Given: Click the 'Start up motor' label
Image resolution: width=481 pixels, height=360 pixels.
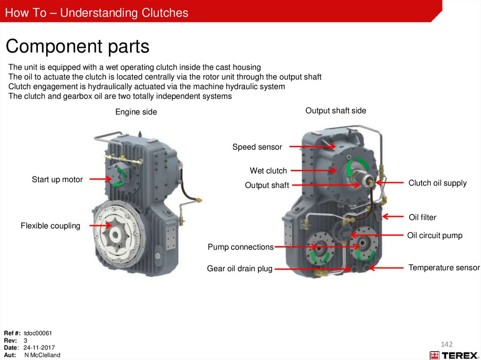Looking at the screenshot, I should click(x=57, y=179).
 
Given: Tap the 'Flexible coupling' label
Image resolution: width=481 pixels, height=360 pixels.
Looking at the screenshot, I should click(x=50, y=226).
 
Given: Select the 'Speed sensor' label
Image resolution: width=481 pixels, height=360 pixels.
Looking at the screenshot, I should click(x=257, y=147).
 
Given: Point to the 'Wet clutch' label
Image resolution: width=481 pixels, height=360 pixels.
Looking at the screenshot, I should click(x=268, y=171).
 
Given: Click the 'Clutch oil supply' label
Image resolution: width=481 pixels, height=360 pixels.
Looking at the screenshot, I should click(x=437, y=183).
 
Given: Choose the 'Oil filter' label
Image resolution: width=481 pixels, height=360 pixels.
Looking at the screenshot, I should click(x=422, y=217).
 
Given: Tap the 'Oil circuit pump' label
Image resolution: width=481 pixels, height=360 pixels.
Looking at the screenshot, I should click(x=434, y=236).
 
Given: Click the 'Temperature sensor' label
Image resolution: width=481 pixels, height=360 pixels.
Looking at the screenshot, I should click(x=444, y=268).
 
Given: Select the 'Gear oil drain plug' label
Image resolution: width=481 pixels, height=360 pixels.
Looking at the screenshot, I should click(x=240, y=269).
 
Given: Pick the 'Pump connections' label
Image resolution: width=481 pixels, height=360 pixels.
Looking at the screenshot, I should click(x=240, y=247).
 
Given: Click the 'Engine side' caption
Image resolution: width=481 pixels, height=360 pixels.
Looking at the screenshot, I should click(x=136, y=112).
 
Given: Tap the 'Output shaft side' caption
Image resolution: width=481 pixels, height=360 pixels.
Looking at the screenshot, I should click(x=335, y=111).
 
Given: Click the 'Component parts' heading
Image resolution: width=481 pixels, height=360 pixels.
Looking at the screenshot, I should click(x=78, y=46).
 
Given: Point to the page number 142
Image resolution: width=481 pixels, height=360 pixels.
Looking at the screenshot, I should click(x=446, y=345).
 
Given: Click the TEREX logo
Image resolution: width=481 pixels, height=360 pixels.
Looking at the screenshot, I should click(x=453, y=355).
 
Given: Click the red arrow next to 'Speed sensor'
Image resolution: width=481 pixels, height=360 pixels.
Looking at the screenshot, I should click(x=312, y=147).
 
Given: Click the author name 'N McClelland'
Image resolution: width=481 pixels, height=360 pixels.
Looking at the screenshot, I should click(x=42, y=355).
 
